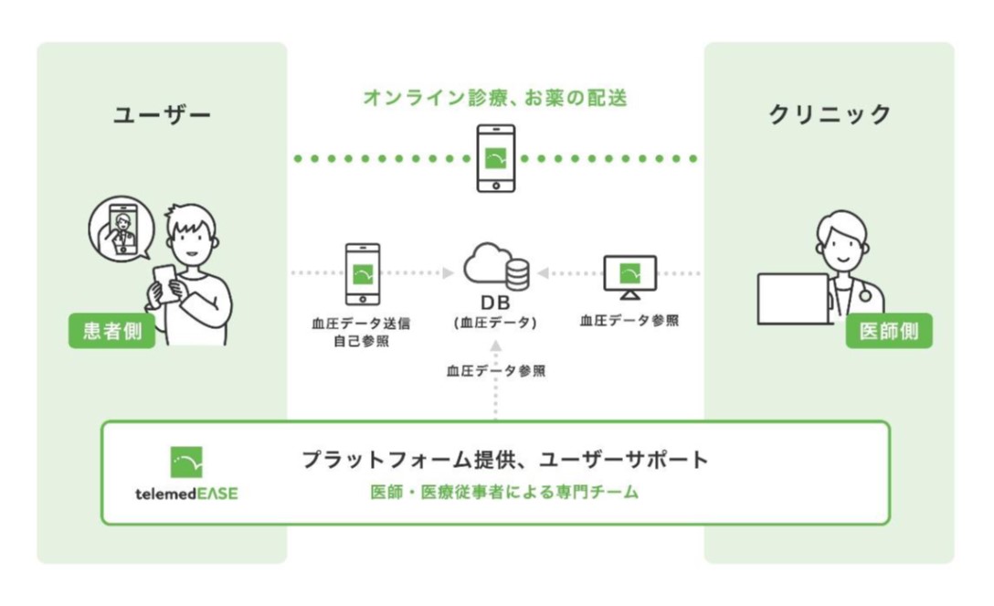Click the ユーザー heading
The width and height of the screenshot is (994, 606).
162,115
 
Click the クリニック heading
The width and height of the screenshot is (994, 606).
829,115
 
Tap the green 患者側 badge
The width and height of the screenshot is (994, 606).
112,331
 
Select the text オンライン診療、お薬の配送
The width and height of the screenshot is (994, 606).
495,99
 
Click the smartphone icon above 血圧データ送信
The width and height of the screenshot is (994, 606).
362,273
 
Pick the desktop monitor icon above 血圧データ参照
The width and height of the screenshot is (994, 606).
629,275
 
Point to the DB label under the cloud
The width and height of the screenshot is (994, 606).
495,303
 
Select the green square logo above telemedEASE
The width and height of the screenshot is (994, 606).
186,462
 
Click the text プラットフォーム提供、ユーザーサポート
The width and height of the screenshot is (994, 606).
504,460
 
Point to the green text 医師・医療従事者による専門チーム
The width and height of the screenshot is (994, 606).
504,493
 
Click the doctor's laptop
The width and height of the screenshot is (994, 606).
792,299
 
